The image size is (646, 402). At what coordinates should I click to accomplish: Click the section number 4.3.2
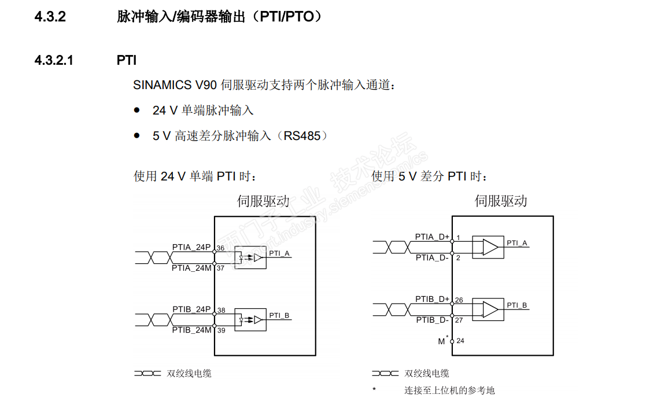click(50, 17)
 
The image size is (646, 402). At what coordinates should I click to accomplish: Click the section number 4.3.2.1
click(54, 61)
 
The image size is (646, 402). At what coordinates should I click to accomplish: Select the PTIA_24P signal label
click(191, 247)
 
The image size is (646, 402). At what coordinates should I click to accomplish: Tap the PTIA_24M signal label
click(191, 268)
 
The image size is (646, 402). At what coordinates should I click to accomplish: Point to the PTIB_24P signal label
click(191, 309)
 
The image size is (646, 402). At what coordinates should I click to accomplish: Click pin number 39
click(222, 330)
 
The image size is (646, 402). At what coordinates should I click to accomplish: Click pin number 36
click(220, 248)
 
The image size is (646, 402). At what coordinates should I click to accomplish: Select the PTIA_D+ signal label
click(432, 237)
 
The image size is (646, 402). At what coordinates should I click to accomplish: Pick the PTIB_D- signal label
click(432, 320)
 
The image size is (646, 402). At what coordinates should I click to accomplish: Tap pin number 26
click(459, 300)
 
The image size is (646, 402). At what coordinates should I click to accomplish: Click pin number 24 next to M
click(460, 341)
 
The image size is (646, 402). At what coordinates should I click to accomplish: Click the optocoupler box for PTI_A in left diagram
click(250, 258)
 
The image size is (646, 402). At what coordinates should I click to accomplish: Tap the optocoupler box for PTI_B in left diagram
click(250, 320)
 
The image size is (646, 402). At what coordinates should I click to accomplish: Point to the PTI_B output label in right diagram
click(516, 305)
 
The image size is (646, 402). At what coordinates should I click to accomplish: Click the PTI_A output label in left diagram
click(279, 253)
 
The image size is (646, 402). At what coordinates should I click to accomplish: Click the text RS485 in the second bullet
click(301, 136)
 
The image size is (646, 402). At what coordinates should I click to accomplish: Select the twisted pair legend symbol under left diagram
click(147, 374)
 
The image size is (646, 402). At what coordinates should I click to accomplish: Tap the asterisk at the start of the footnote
click(374, 389)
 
